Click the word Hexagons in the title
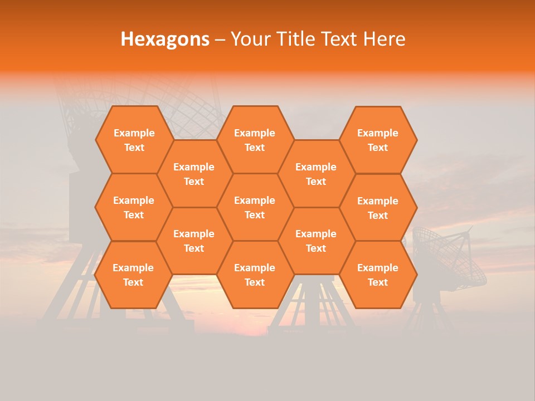pos(165,39)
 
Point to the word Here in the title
pos(385,39)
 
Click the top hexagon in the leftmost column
pos(134,140)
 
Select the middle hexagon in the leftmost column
pos(134,207)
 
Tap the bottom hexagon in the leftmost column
pos(133,275)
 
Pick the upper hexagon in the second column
pos(194,174)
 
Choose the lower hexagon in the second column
pos(194,241)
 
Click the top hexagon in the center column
pos(255,140)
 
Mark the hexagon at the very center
pos(255,207)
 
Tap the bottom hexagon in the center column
pos(255,275)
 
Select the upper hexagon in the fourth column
pos(316,174)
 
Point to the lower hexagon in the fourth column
pos(316,241)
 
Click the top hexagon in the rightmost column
pos(378,140)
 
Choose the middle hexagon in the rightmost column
pos(378,208)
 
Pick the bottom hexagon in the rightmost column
pos(378,275)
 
